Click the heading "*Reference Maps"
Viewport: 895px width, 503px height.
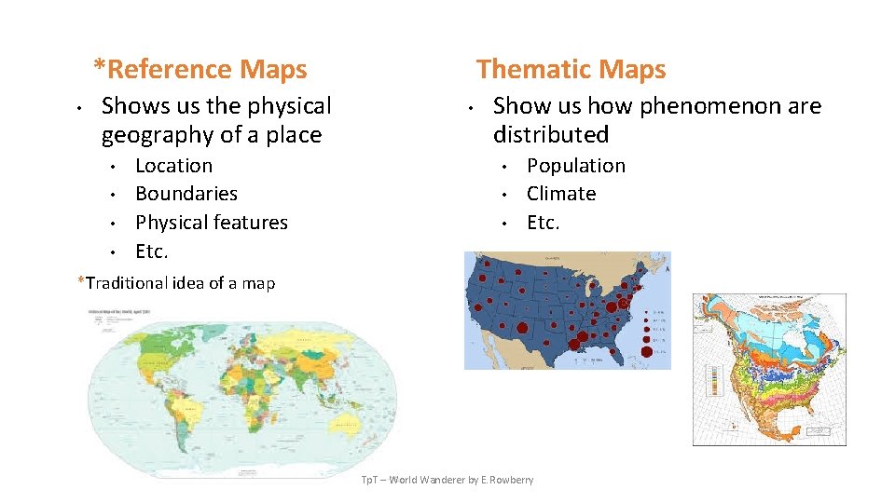[x=200, y=69]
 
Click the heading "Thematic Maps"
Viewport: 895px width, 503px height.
[x=571, y=69]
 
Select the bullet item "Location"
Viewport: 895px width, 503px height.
[x=173, y=166]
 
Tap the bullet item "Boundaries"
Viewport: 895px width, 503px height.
[x=186, y=194]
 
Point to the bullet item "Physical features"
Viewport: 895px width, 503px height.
[x=211, y=223]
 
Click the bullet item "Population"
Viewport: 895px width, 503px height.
[x=575, y=166]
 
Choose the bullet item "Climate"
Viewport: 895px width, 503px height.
[x=560, y=194]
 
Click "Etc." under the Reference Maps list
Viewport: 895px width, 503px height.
[x=151, y=251]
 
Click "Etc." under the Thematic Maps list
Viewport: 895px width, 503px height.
[x=543, y=223]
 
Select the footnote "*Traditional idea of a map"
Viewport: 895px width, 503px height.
[x=176, y=282]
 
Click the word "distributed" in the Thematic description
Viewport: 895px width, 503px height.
[x=550, y=135]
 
